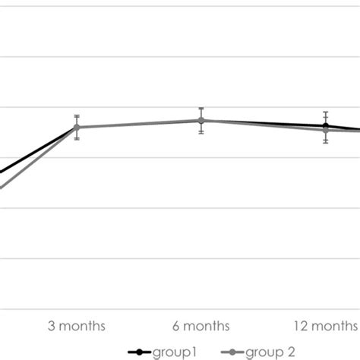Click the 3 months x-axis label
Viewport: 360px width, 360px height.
click(77, 327)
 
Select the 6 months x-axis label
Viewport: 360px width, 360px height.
click(201, 327)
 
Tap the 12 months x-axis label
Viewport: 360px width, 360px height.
click(326, 327)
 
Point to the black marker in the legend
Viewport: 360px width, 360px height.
click(139, 352)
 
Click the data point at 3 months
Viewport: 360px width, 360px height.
click(77, 127)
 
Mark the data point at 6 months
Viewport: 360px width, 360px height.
click(201, 121)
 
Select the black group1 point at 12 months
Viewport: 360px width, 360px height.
click(326, 125)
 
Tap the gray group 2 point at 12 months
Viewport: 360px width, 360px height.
click(326, 130)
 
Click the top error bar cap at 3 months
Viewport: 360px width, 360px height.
click(77, 115)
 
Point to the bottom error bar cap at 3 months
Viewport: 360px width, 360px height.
click(77, 139)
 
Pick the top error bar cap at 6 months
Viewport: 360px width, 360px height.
click(201, 109)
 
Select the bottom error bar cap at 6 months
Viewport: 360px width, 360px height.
click(201, 134)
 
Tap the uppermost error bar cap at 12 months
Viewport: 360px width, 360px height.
click(326, 112)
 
